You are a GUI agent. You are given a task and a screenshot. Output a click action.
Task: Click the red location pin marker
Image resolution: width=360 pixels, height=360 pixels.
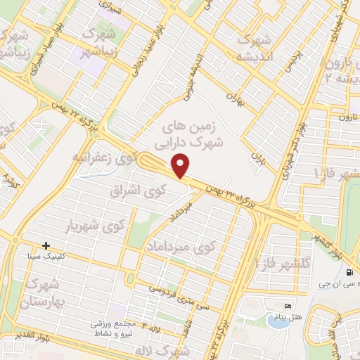[x=181, y=165]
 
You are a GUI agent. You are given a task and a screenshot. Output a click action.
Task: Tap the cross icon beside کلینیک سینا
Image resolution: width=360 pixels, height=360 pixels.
[x=46, y=246]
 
